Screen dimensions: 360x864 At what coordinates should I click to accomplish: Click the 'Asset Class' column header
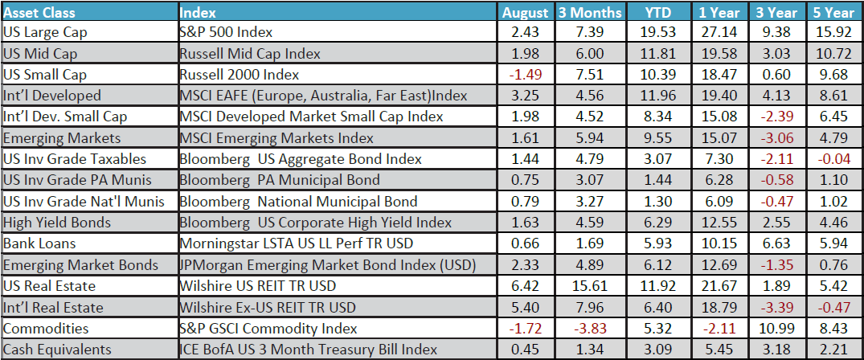tap(38, 12)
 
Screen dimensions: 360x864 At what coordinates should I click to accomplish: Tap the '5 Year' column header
tap(833, 12)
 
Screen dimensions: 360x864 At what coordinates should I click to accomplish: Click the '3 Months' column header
tap(591, 12)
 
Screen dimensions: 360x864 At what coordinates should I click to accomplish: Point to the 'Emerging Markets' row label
tap(51, 137)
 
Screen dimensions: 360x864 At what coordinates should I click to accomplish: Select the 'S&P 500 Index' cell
tap(226, 32)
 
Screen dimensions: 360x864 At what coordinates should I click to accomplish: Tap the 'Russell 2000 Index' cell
tap(239, 75)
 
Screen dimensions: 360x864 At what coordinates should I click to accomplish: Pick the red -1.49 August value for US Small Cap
tap(523, 75)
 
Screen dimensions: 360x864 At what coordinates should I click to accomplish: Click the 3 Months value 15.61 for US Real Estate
tap(591, 285)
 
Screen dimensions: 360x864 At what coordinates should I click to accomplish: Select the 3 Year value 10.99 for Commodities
tap(776, 327)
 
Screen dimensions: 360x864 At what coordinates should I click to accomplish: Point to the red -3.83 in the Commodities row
tap(591, 327)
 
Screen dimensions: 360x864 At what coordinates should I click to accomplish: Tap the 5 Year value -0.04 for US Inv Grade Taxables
tap(833, 159)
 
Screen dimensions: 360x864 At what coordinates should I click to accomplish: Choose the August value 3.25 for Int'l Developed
tap(523, 96)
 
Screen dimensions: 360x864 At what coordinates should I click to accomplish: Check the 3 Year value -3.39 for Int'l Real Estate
tap(776, 306)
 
